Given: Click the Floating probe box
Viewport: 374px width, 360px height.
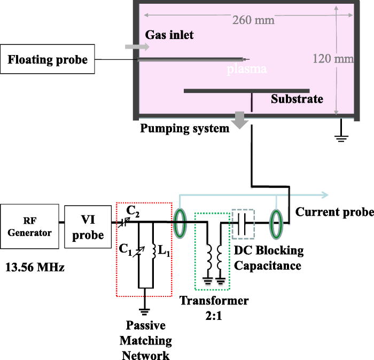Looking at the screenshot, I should point(48,60).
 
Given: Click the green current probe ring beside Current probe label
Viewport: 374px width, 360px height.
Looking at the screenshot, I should point(276,221).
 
